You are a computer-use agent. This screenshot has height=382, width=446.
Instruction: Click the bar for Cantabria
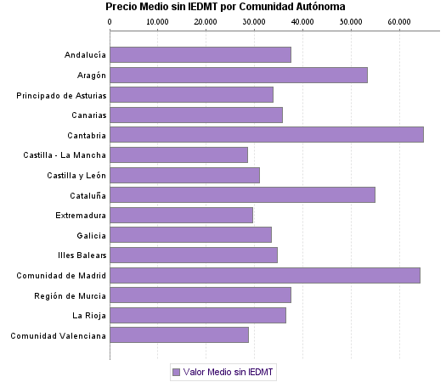click(x=267, y=134)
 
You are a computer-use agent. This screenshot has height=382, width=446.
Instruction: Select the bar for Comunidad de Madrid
click(x=265, y=275)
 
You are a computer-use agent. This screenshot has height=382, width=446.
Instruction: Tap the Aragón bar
click(x=239, y=75)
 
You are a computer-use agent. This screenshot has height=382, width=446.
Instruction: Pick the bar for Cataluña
click(x=242, y=195)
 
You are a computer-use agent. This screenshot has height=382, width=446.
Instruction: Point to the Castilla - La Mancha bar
click(x=178, y=154)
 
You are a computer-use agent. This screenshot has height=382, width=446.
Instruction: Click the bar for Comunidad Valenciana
click(x=179, y=335)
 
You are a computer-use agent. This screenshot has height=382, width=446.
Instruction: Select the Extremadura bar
click(x=181, y=215)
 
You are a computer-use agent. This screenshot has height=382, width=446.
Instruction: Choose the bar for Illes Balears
click(x=194, y=255)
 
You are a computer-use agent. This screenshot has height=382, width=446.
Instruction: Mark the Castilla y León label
click(x=76, y=175)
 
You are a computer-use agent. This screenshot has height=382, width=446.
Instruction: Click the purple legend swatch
click(x=176, y=372)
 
